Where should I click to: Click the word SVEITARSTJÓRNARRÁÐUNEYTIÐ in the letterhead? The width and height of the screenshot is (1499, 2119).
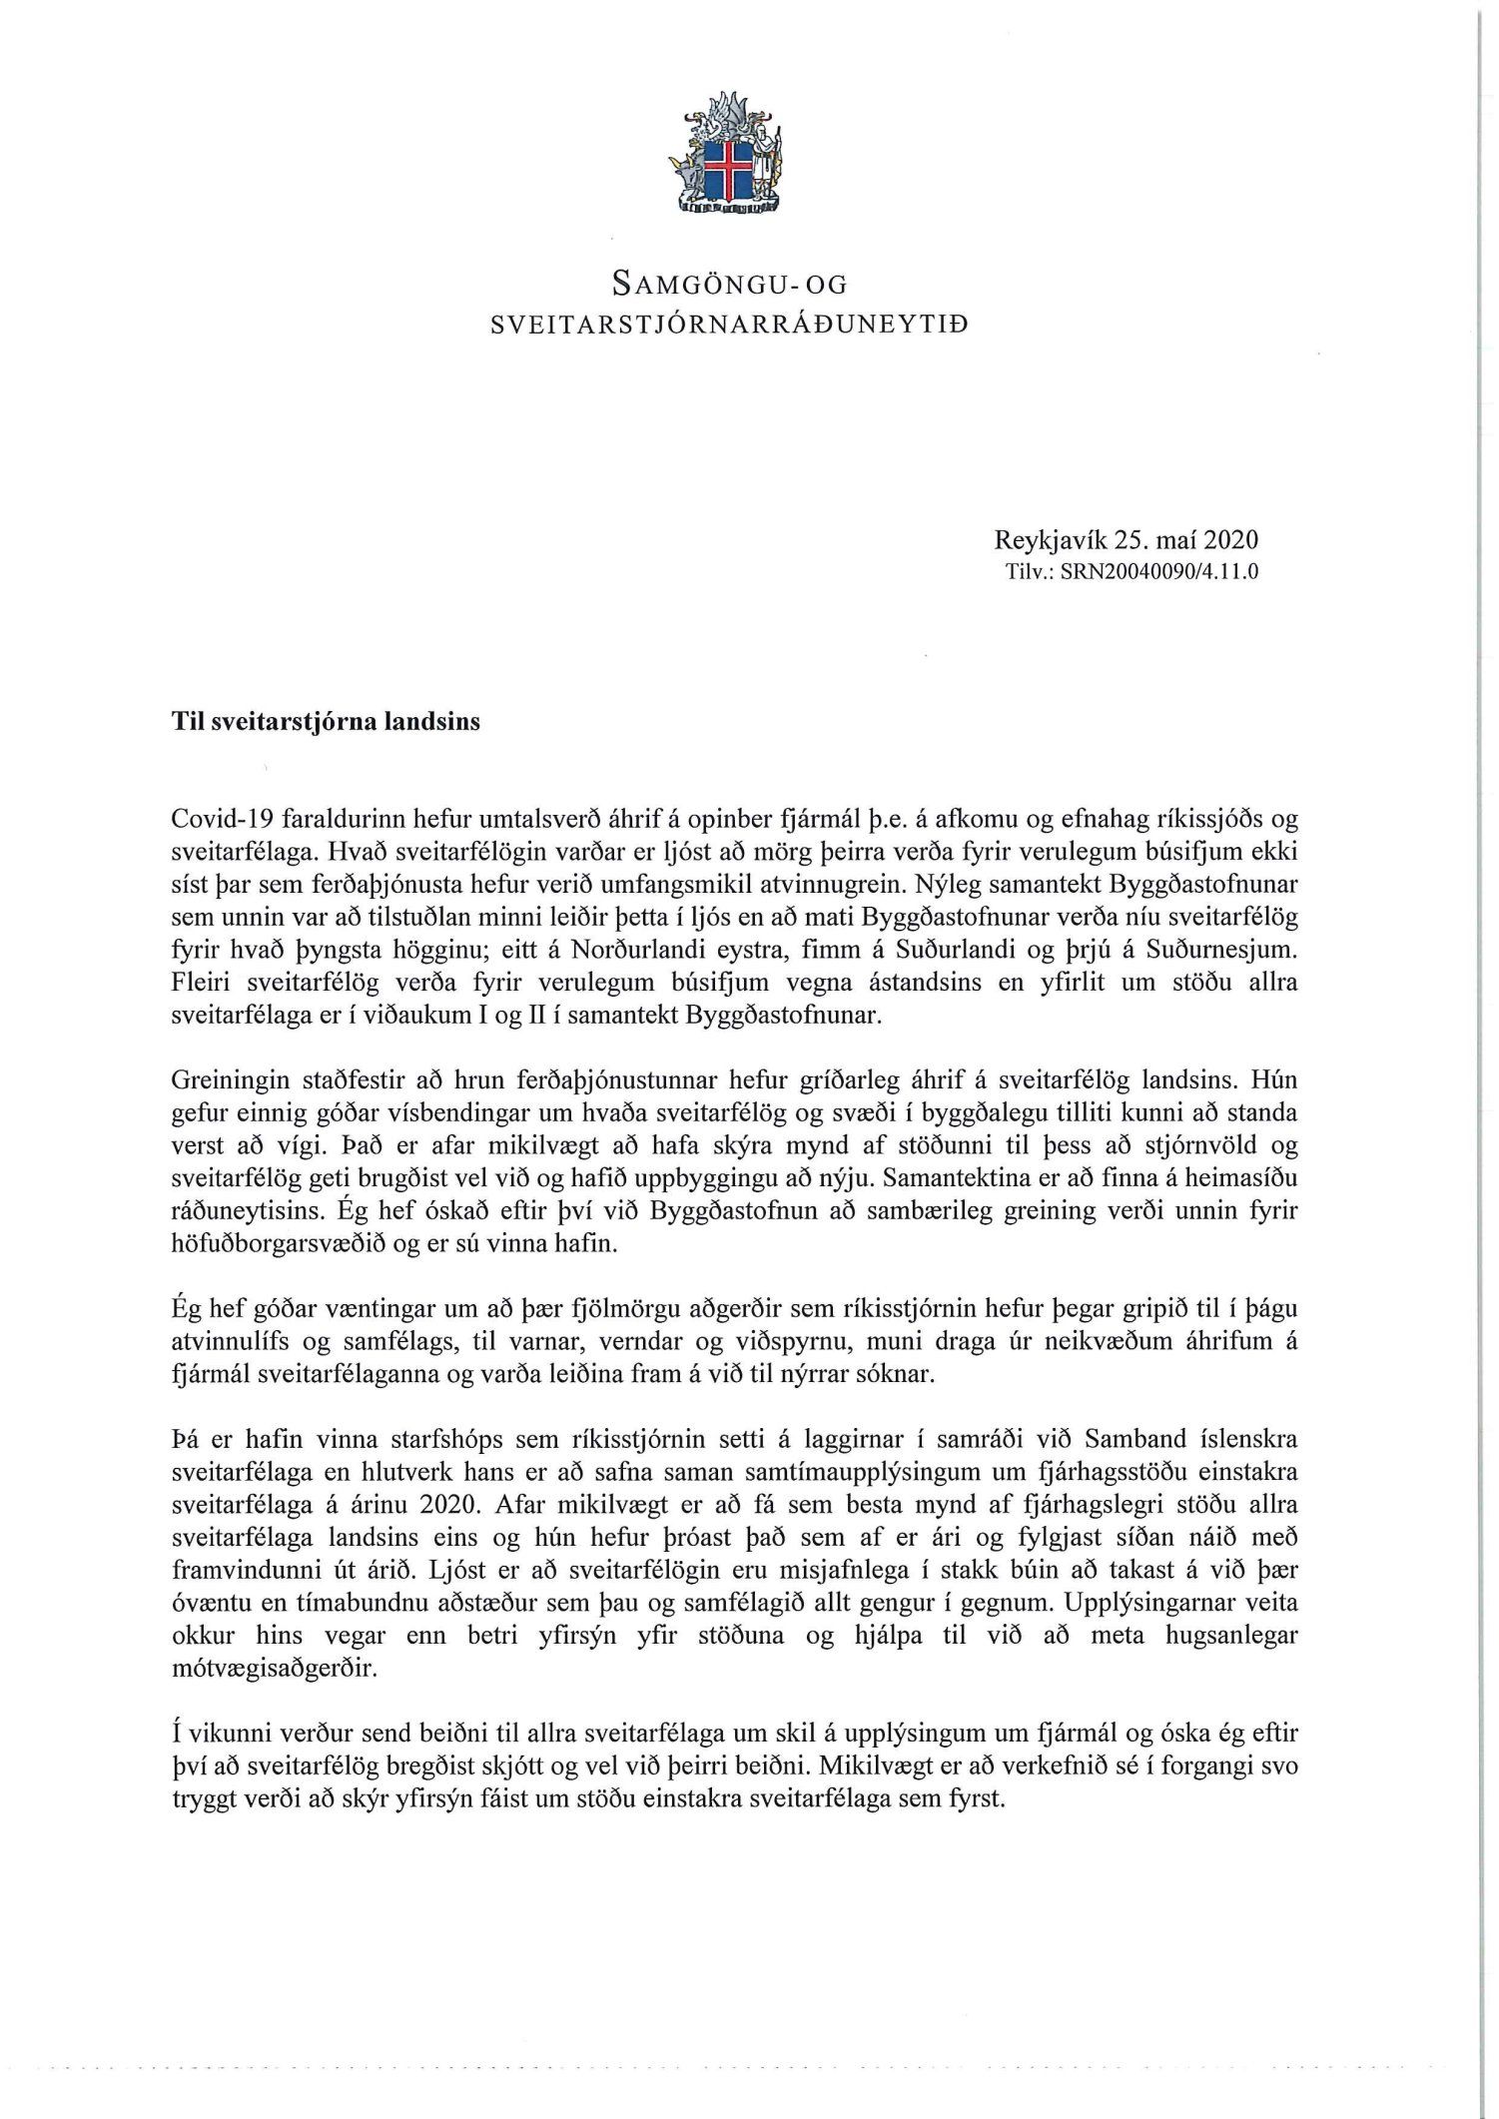[729, 325]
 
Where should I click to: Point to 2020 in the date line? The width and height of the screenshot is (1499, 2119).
[1230, 541]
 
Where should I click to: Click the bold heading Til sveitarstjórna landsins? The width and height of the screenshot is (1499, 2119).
[326, 722]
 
